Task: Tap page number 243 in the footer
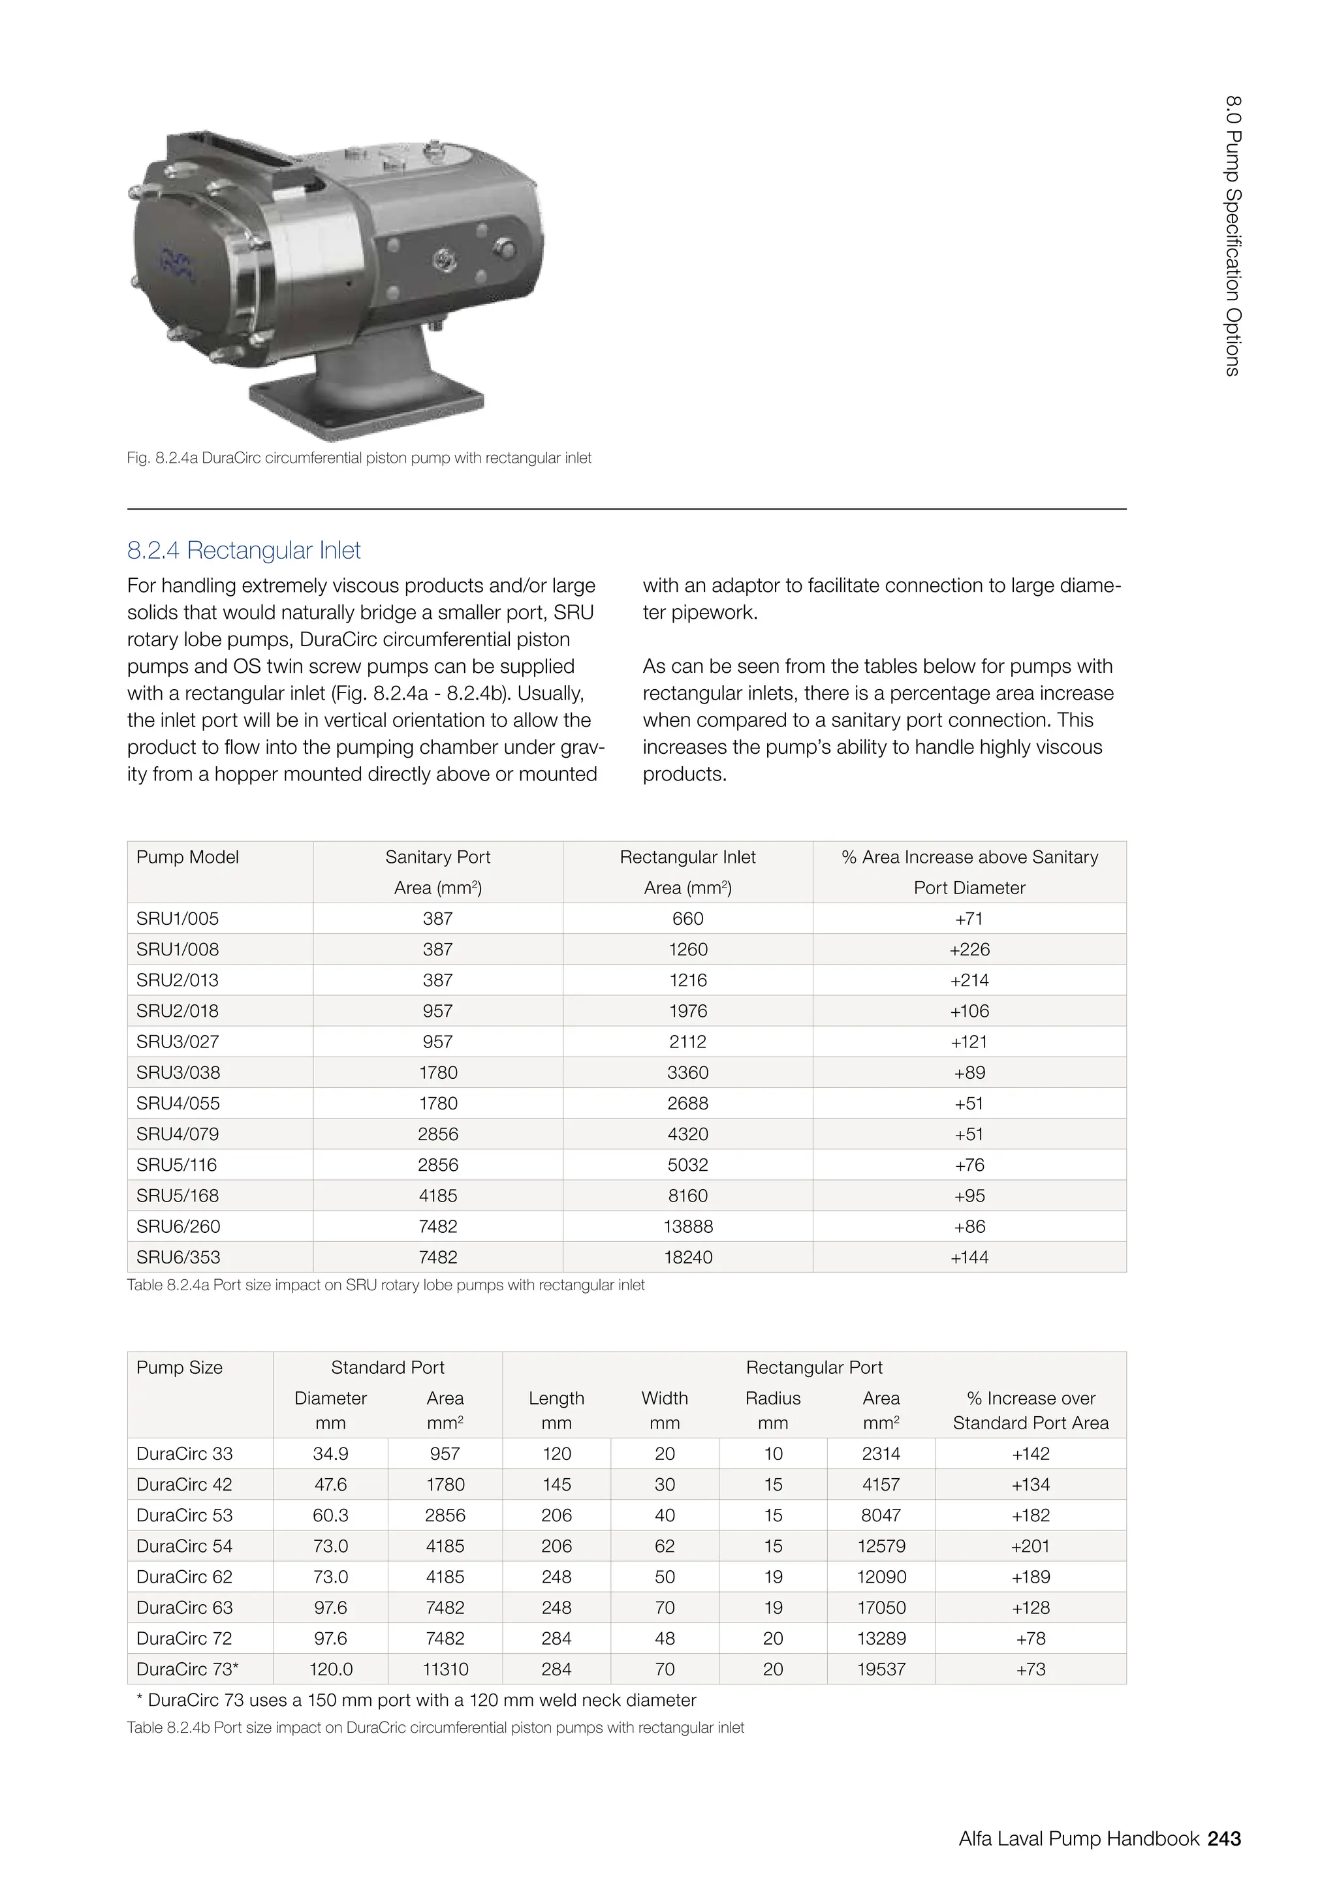click(1223, 1838)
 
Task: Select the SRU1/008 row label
click(178, 949)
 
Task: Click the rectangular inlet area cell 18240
click(687, 1257)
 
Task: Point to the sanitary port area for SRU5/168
click(437, 1195)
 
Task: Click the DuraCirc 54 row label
click(184, 1546)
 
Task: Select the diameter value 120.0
click(330, 1669)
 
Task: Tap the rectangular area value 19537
click(881, 1669)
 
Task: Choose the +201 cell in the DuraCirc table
click(1030, 1546)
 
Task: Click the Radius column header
click(772, 1398)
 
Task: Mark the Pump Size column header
click(180, 1367)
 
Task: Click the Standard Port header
click(387, 1367)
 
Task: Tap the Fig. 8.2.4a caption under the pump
click(359, 457)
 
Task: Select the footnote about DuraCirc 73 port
click(416, 1700)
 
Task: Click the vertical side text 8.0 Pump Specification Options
click(1233, 236)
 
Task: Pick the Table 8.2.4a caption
click(385, 1285)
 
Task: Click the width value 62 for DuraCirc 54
click(665, 1546)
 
